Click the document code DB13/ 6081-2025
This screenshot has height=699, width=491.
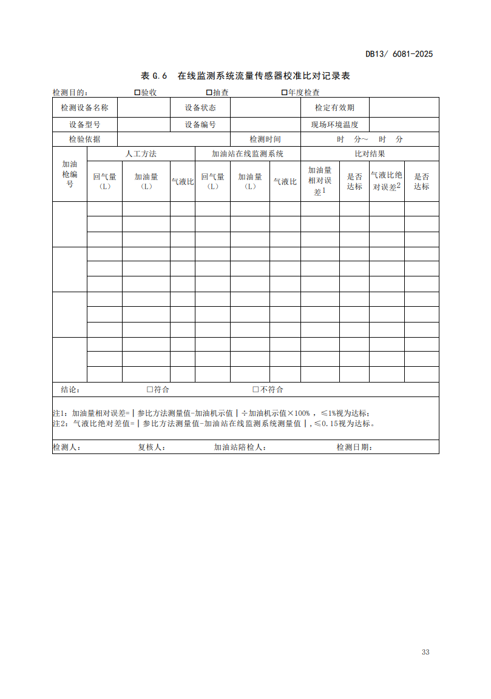pyautogui.click(x=399, y=54)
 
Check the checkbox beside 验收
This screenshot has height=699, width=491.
pyautogui.click(x=137, y=92)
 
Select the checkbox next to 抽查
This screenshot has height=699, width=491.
pyautogui.click(x=209, y=92)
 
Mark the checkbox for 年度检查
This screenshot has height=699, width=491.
pyautogui.click(x=284, y=92)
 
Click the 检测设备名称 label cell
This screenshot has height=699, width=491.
pyautogui.click(x=85, y=108)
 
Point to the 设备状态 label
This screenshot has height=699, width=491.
pyautogui.click(x=200, y=108)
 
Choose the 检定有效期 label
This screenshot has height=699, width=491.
pyautogui.click(x=334, y=108)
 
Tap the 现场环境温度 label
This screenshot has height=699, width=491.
pyautogui.click(x=334, y=124)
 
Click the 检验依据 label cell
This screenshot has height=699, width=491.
pyautogui.click(x=85, y=139)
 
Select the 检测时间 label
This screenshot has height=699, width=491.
pyautogui.click(x=265, y=139)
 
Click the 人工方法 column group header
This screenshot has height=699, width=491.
pyautogui.click(x=141, y=153)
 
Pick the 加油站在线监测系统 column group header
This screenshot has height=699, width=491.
pyautogui.click(x=248, y=153)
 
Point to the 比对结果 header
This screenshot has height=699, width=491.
pyautogui.click(x=370, y=153)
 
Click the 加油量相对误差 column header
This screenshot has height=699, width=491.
pyautogui.click(x=320, y=181)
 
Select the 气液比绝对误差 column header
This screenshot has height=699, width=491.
pyautogui.click(x=387, y=181)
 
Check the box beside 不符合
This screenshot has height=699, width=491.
pyautogui.click(x=256, y=389)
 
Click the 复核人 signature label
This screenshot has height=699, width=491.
pyautogui.click(x=152, y=447)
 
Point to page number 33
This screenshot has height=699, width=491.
pyautogui.click(x=425, y=652)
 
